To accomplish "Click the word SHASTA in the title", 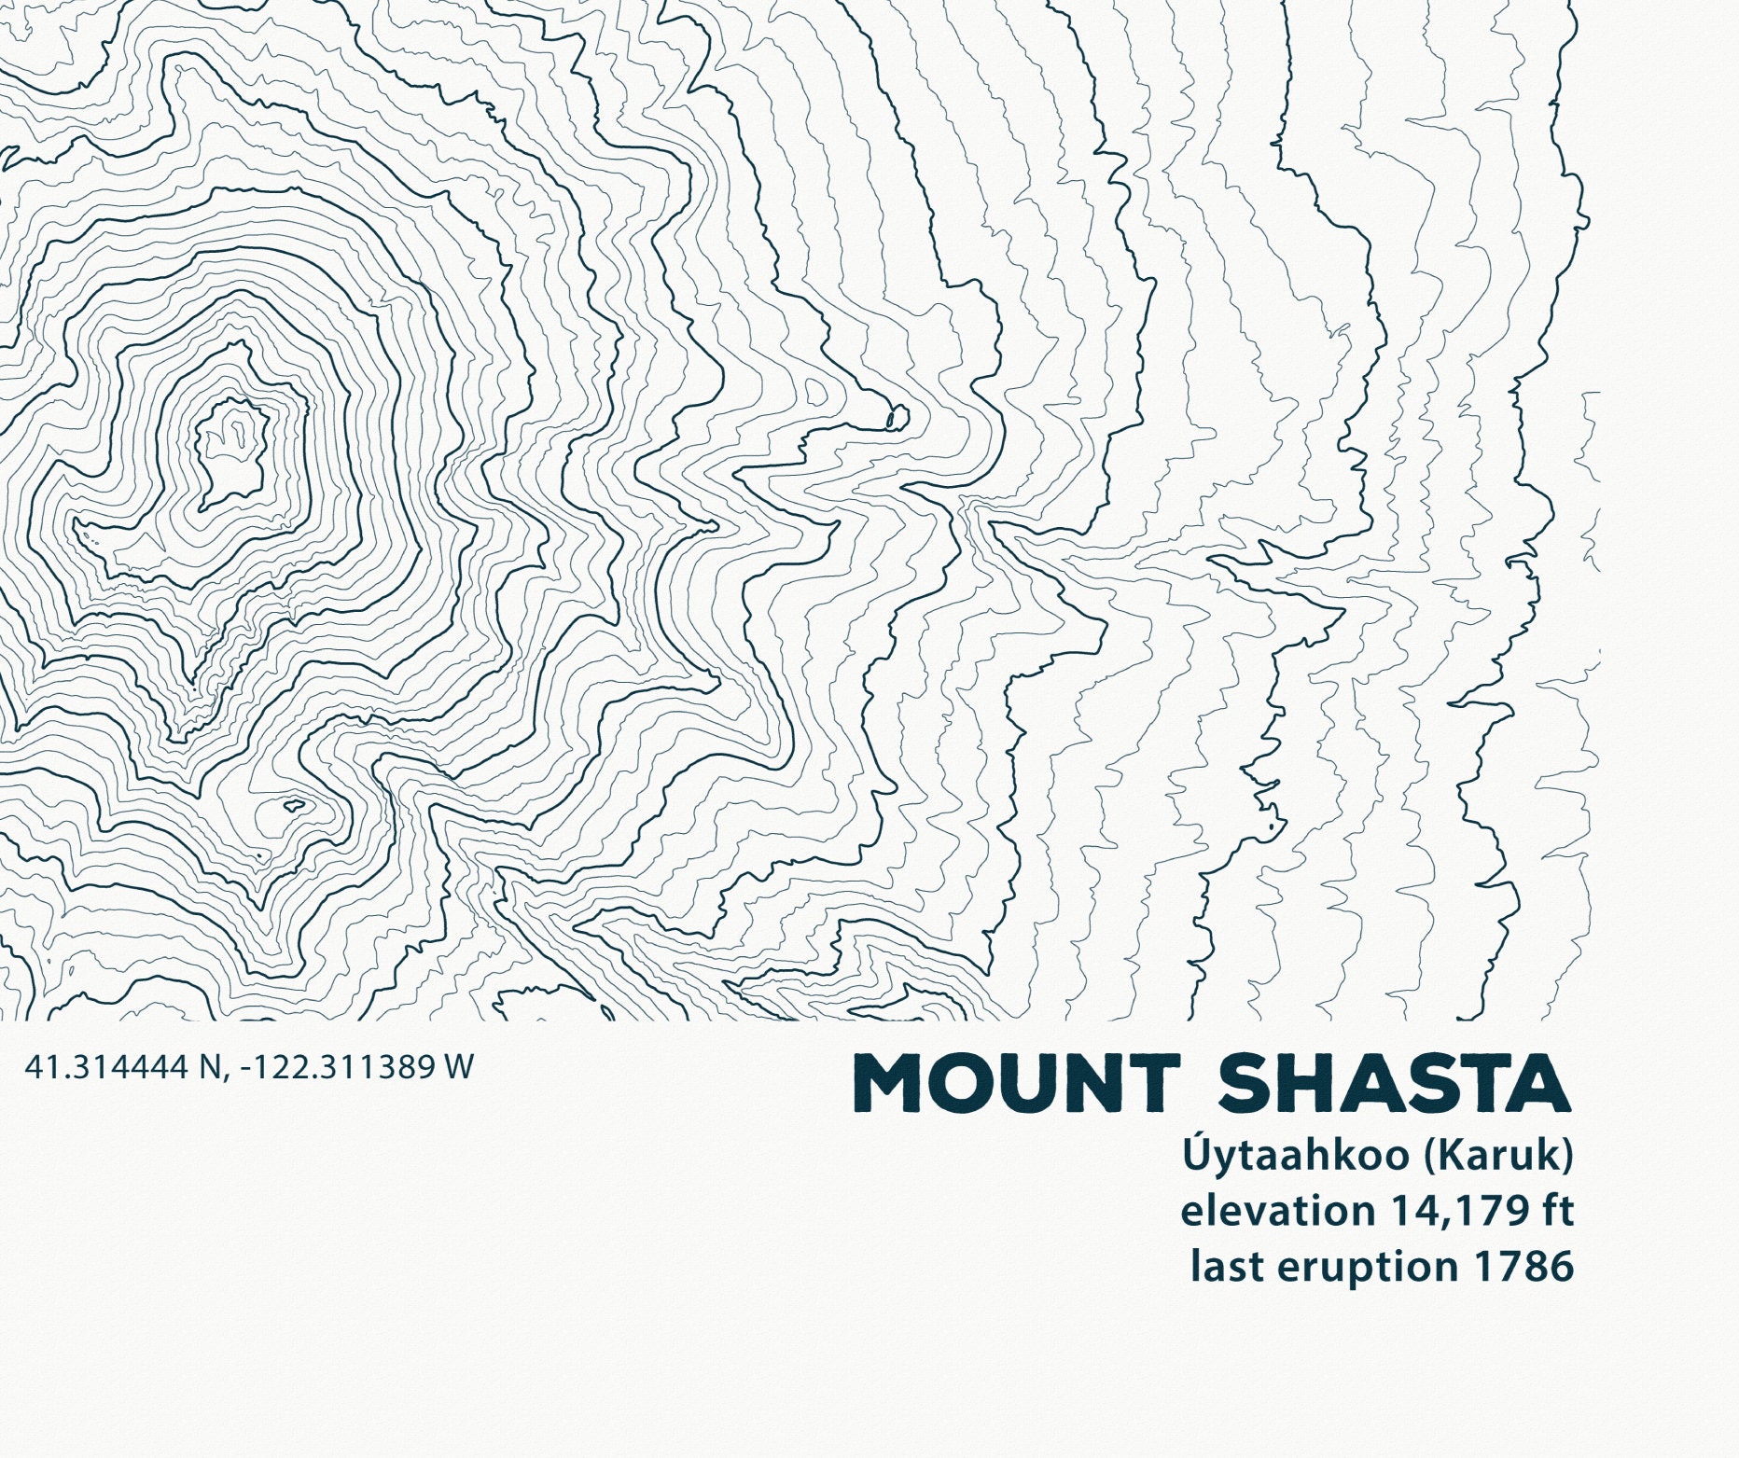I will tap(1395, 1083).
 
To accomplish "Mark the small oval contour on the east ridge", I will tap(897, 417).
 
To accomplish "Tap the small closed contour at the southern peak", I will tap(296, 803).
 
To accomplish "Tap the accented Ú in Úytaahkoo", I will tap(1196, 1155).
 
